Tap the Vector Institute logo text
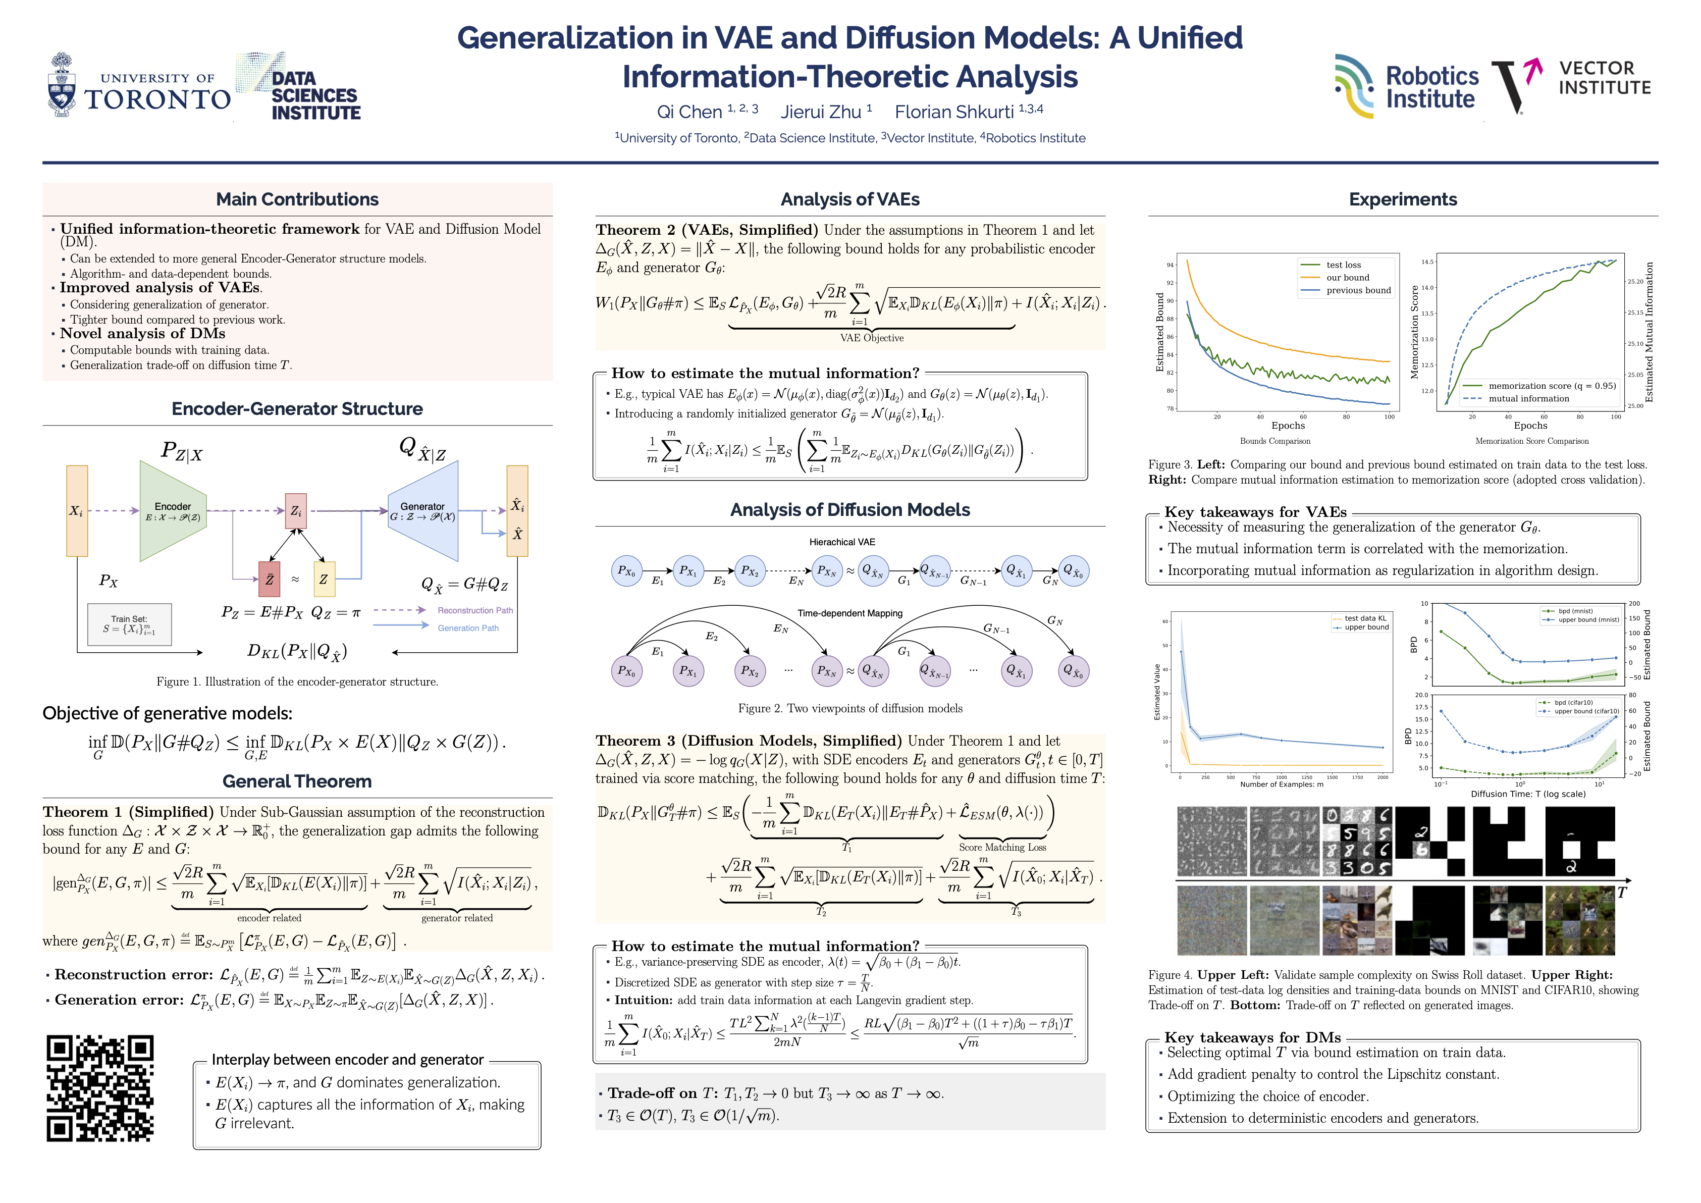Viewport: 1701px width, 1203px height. click(x=1604, y=78)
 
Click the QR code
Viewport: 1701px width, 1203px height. click(x=100, y=1087)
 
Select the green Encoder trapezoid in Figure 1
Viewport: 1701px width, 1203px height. click(x=173, y=511)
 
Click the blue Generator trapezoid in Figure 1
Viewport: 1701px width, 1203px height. click(x=423, y=511)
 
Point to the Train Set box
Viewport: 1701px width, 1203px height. click(x=130, y=624)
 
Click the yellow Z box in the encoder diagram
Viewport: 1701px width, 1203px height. click(x=324, y=579)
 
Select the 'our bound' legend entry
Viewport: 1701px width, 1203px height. click(x=1347, y=278)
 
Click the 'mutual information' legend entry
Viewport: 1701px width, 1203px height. click(x=1528, y=398)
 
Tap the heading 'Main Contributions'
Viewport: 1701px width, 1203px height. click(x=297, y=199)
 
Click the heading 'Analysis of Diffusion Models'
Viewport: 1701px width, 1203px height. click(x=850, y=510)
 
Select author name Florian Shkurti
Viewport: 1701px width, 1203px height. click(x=953, y=112)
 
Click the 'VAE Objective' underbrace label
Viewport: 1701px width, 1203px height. click(x=871, y=338)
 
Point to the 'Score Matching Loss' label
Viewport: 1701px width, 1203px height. click(x=1002, y=848)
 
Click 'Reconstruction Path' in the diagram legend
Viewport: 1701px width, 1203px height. click(x=475, y=610)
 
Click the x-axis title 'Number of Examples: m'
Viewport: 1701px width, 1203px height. click(x=1281, y=784)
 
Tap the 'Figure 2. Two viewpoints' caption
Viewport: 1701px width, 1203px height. click(x=850, y=708)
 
